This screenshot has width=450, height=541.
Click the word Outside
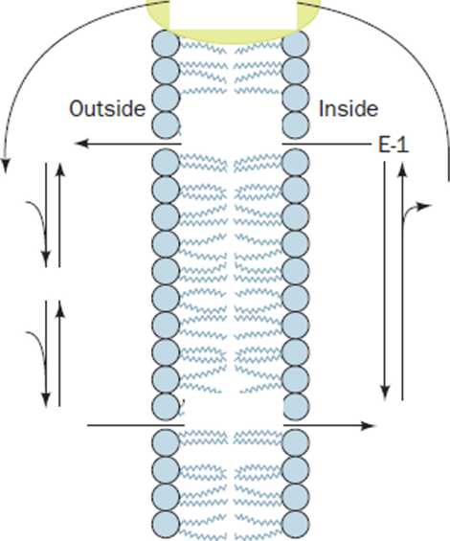click(107, 109)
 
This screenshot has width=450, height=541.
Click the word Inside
click(349, 109)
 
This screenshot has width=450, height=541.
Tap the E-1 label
click(394, 146)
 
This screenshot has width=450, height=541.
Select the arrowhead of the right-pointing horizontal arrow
click(368, 425)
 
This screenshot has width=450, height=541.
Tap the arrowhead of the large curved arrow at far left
click(6, 166)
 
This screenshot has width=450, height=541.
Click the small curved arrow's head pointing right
click(425, 206)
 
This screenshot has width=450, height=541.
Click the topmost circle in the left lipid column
click(166, 43)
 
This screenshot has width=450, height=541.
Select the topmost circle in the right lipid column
click(296, 44)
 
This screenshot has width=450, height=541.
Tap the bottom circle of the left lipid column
click(166, 525)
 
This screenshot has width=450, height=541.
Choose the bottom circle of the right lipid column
click(296, 525)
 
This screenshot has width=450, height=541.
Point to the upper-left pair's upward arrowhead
click(60, 168)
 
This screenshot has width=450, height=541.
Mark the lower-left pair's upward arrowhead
click(60, 306)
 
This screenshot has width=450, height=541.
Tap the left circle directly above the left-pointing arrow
click(166, 124)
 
